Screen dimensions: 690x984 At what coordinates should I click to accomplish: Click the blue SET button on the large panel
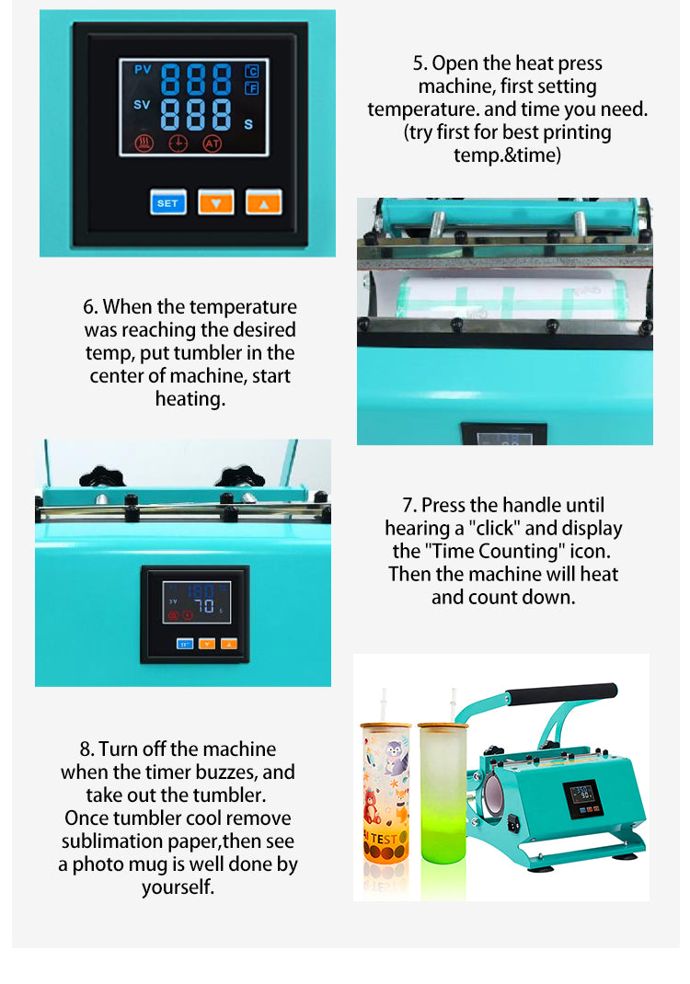[168, 202]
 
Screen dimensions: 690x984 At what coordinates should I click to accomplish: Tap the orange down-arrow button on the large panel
[216, 202]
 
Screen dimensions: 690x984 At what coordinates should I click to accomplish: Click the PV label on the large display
[143, 70]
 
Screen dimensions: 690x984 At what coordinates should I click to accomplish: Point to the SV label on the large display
[142, 105]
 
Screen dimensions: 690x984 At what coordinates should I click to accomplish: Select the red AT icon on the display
[213, 143]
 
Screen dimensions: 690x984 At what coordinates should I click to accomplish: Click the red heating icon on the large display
[144, 143]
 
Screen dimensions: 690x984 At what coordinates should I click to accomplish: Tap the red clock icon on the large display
[178, 143]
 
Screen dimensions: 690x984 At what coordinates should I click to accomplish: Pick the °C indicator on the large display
[252, 71]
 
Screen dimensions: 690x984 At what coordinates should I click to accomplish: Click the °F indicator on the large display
[252, 88]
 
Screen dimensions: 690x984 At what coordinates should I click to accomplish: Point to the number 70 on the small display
[204, 606]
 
